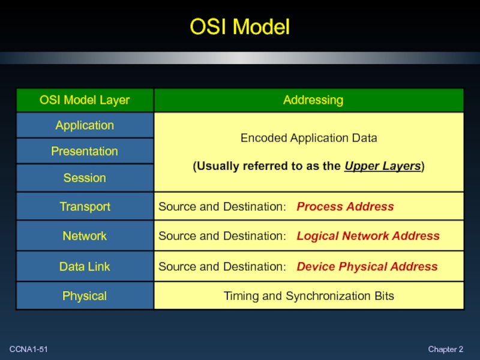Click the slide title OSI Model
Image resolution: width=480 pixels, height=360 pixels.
[x=240, y=27]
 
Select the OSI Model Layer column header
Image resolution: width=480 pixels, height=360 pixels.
[x=85, y=100]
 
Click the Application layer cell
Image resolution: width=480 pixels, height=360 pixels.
[x=85, y=125]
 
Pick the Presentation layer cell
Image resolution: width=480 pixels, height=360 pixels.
[x=85, y=151]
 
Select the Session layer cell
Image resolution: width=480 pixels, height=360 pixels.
[x=85, y=178]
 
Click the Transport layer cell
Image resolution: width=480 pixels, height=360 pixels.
[x=85, y=207]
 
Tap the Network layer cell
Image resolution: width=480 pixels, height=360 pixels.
[x=85, y=236]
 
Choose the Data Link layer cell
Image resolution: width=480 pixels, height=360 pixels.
[x=85, y=266]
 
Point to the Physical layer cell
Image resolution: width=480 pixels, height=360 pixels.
[x=85, y=296]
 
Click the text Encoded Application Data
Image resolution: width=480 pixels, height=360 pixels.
[x=308, y=138]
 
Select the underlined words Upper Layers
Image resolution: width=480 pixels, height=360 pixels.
[x=383, y=167]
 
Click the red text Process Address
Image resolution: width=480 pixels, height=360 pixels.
[x=345, y=207]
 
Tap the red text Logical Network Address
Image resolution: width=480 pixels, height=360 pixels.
[x=368, y=236]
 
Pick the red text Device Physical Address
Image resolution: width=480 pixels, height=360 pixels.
[x=367, y=266]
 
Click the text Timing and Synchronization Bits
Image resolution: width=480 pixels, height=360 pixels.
[x=308, y=296]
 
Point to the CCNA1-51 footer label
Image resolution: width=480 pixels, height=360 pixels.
[x=28, y=349]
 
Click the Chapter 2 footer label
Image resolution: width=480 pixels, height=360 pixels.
[x=445, y=349]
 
